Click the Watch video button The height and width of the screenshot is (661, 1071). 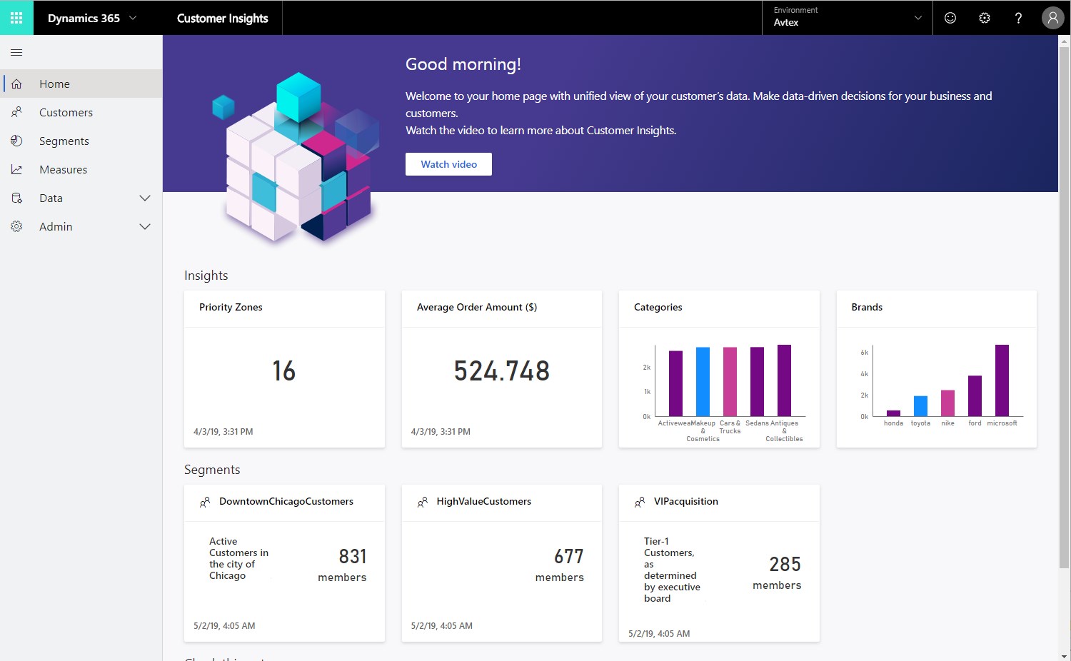[x=448, y=164]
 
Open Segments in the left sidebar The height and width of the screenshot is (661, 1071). [x=64, y=141]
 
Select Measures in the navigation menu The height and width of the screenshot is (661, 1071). [x=63, y=170]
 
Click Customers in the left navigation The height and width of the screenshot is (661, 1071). [x=66, y=113]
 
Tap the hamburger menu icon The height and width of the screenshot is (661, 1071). [x=16, y=52]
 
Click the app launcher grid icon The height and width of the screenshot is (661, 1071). [x=16, y=18]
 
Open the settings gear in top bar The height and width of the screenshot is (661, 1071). [x=984, y=18]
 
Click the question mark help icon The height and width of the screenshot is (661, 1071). [x=1018, y=18]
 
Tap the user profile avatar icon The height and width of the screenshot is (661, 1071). [x=1052, y=18]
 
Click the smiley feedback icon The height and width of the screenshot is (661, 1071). [x=950, y=18]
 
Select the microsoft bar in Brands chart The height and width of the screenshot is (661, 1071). [x=1002, y=380]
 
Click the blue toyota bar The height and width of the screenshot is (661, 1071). [x=920, y=406]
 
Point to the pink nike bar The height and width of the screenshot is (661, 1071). [x=947, y=403]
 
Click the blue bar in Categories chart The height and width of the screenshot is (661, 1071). [x=703, y=382]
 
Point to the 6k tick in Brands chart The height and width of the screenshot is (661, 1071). [x=864, y=353]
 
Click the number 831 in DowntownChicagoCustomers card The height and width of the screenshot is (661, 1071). [x=353, y=556]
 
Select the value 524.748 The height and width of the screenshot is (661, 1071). [x=501, y=371]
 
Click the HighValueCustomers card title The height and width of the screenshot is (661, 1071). [x=483, y=502]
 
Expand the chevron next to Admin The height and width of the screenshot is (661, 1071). [x=145, y=227]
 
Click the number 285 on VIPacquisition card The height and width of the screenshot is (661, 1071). [x=785, y=565]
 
